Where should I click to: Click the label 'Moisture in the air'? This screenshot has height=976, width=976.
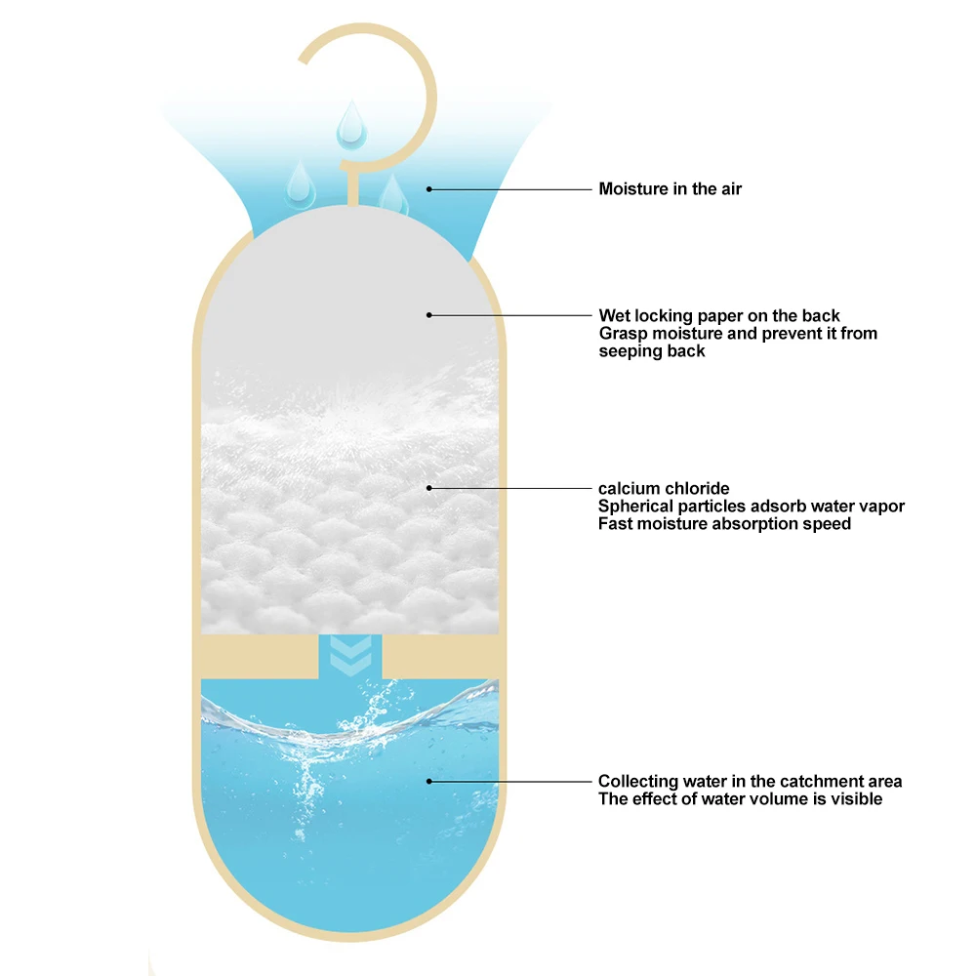point(670,188)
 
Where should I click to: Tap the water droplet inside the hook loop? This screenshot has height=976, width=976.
point(348,124)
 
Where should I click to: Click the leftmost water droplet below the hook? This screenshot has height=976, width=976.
point(299,183)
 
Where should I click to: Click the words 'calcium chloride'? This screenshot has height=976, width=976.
point(664,488)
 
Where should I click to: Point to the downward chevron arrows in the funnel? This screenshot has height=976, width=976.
point(348,655)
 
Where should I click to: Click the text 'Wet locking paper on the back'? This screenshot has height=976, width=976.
point(719,315)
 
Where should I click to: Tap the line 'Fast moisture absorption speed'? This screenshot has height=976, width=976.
point(724,524)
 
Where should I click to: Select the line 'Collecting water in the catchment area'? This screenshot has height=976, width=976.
point(750,781)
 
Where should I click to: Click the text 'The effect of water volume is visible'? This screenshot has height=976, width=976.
point(740,798)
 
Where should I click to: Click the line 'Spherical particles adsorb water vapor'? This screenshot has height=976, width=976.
point(751,507)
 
